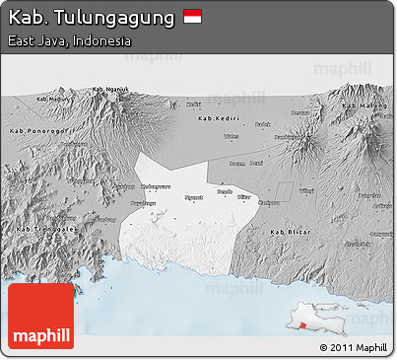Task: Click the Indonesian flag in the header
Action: point(192,17)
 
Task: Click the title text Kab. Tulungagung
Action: point(91,17)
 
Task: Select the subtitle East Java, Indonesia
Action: point(68,41)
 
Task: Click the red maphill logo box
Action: point(40,316)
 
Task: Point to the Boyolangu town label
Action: point(144,203)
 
